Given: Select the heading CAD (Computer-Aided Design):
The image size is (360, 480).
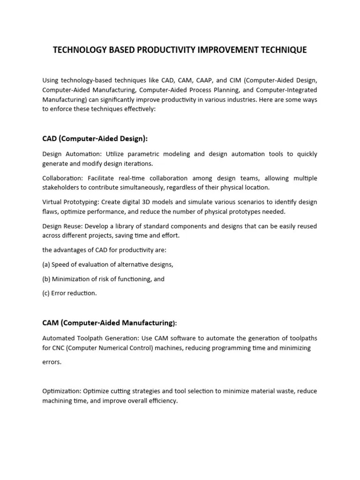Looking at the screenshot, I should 95,138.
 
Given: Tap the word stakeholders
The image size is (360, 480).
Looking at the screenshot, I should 60,187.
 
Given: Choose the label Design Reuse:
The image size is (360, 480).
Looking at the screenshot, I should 62,226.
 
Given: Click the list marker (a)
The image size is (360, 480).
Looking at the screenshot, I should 46,264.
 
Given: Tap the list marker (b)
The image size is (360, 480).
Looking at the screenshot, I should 46,279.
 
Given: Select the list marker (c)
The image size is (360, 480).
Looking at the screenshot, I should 46,293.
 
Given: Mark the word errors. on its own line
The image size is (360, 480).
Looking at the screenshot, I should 52,362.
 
